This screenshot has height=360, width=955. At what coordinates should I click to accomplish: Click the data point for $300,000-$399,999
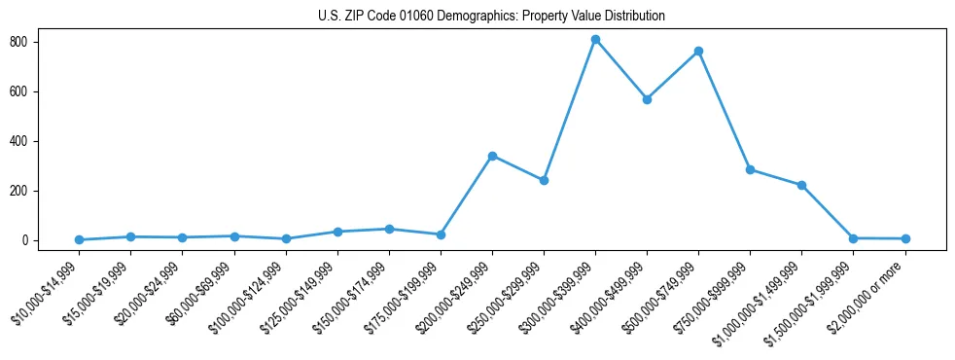coord(595,40)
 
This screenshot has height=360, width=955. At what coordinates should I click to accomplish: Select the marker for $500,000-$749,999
coord(698,52)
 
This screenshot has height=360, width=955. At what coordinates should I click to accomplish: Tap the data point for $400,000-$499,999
coord(647,99)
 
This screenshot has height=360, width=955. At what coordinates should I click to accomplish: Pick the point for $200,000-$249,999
coord(492,156)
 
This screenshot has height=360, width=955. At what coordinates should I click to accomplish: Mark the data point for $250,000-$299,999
coord(544,181)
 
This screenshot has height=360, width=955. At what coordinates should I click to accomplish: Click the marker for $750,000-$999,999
coord(750,169)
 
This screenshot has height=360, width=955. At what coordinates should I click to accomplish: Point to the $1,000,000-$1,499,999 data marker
coord(801,185)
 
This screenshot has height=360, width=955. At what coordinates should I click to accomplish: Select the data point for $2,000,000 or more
coord(905,238)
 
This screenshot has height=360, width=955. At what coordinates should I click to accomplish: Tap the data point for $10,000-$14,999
coord(79,239)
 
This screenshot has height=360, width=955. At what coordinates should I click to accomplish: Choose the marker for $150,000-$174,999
coord(389,230)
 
